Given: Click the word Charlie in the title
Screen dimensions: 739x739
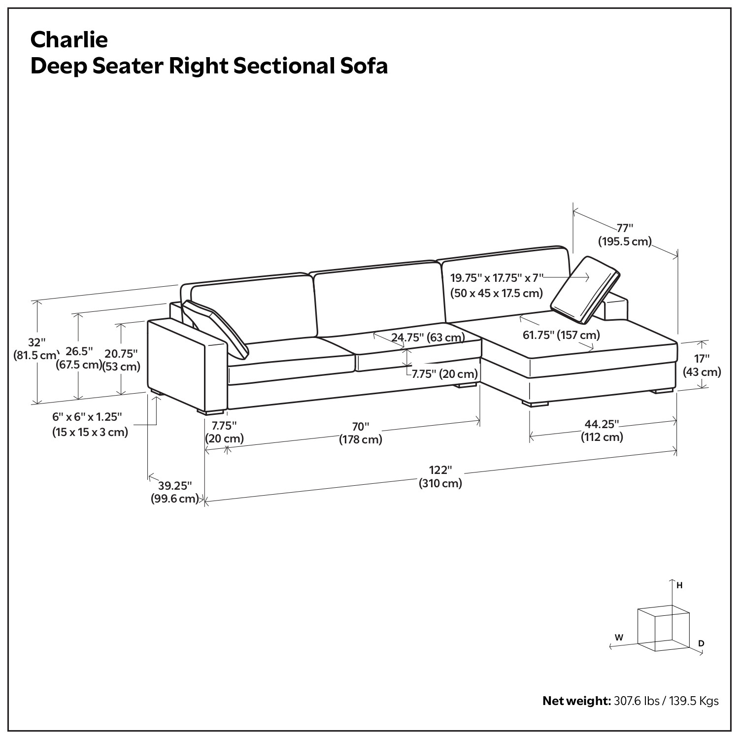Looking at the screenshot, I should point(69,39).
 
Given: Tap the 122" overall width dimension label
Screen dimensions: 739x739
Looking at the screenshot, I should point(440,471).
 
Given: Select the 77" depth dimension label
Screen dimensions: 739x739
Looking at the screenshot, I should point(625,228).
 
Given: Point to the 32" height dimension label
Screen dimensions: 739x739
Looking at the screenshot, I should point(36,342).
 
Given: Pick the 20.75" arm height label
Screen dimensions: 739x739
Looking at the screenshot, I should point(121,354).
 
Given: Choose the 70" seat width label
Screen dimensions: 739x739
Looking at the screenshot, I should point(361,427).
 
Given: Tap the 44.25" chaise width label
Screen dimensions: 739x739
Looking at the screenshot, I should point(602,425).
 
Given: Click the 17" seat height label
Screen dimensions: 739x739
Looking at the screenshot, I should point(702,359).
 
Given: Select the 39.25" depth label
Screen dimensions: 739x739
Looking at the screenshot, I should point(174,486).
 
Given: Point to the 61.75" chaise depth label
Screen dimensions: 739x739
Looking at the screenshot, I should point(561,336).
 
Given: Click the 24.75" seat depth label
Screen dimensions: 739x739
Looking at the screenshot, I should point(428,337).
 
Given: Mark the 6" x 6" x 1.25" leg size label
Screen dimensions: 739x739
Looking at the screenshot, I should point(87,417).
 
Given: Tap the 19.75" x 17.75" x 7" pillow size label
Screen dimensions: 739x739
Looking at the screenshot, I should point(497,278).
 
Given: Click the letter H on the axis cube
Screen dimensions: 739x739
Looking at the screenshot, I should point(679,586).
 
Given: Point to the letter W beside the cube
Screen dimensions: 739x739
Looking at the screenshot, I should point(619,638).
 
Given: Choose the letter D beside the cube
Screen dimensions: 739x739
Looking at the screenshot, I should point(701,643).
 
